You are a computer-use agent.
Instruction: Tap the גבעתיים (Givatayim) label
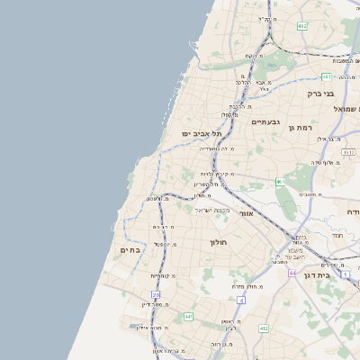(267, 121)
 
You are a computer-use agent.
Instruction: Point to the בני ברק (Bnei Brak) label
(319, 93)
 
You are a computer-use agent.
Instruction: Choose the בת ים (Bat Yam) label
(130, 251)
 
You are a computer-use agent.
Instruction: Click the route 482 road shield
(302, 26)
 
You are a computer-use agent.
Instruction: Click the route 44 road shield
(292, 271)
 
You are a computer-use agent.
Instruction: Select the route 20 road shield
(156, 294)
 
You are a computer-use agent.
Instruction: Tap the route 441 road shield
(188, 317)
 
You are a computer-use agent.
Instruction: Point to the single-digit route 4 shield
(241, 300)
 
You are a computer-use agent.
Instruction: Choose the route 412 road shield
(263, 328)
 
